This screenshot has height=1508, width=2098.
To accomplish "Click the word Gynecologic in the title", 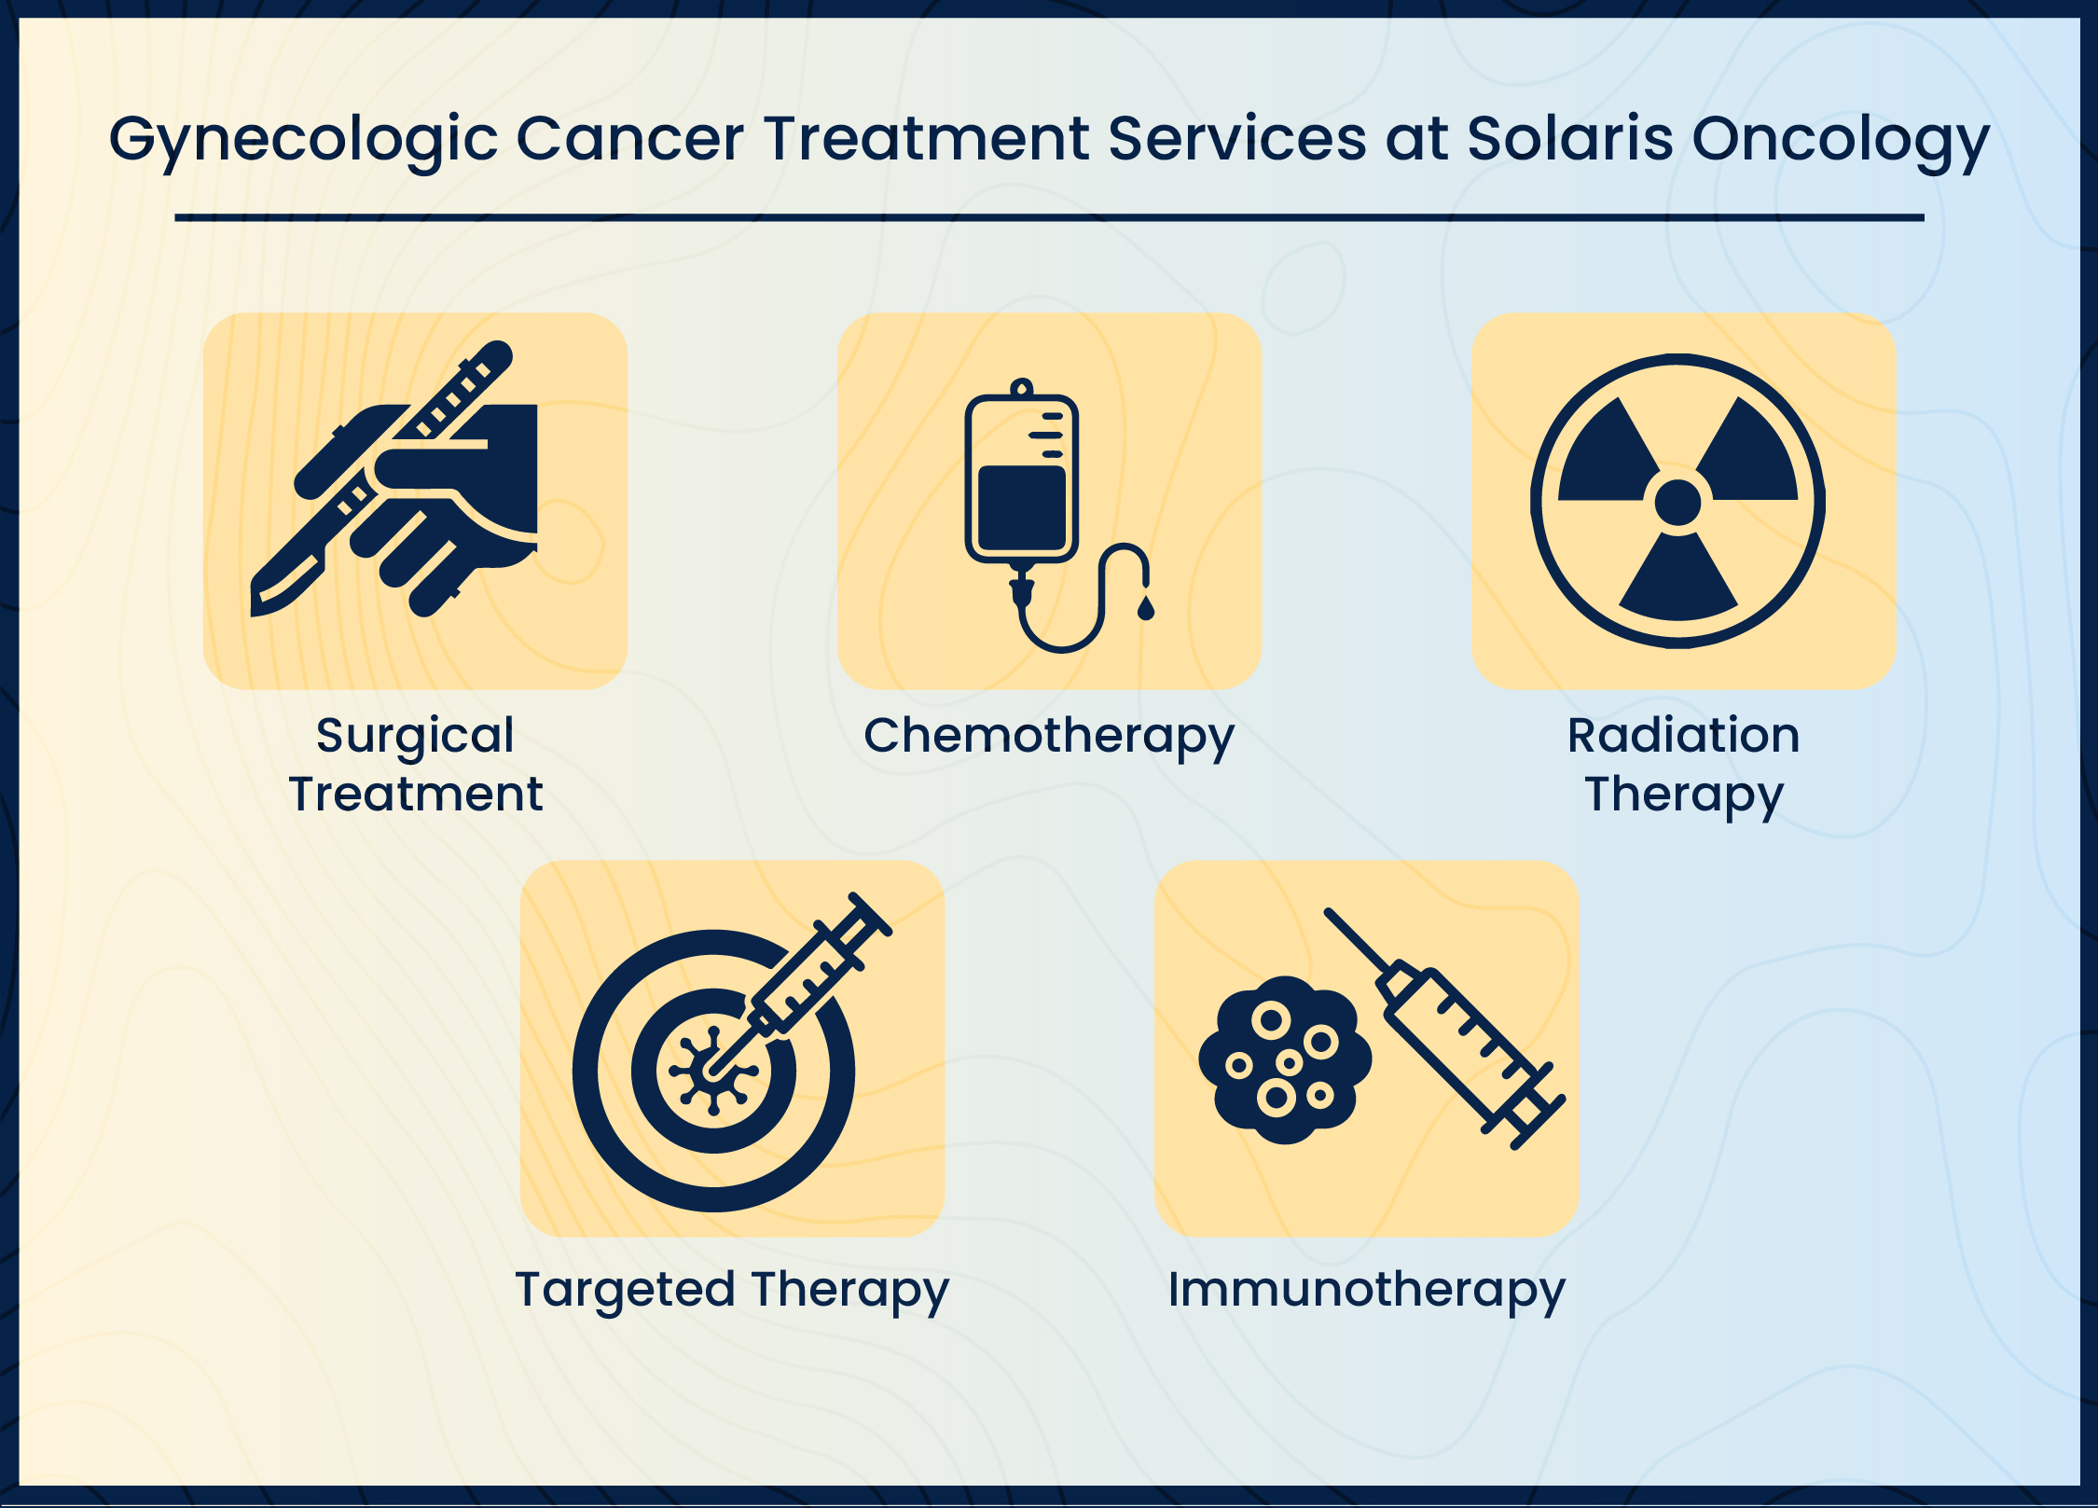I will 303,140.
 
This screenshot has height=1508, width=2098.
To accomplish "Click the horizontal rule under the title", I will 1049,218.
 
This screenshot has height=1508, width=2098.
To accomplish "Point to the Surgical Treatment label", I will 415,764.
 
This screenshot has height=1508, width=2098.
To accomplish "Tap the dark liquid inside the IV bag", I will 1021,508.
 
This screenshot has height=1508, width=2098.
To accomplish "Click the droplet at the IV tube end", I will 1146,609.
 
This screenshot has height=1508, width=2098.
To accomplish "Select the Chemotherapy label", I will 1049,737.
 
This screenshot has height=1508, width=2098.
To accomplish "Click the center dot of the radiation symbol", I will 1677,503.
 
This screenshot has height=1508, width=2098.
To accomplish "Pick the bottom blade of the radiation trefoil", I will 1677,583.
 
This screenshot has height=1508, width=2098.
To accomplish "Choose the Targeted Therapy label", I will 732,1291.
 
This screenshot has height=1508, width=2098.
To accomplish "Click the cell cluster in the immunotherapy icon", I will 1285,1060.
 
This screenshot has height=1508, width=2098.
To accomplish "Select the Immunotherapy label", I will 1366,1291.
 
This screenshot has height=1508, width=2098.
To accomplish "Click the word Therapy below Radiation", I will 1683,795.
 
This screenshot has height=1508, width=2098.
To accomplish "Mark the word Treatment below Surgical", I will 415,795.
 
